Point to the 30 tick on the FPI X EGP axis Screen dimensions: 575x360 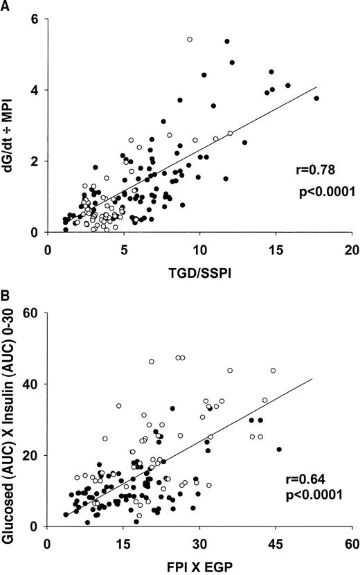pyautogui.click(x=199, y=542)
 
